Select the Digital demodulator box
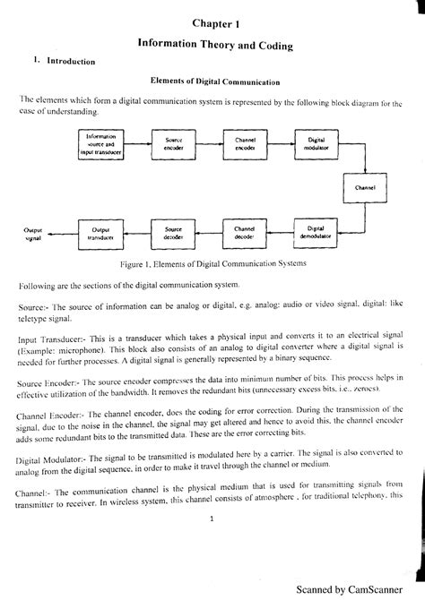click(x=316, y=232)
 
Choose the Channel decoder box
click(x=245, y=232)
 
